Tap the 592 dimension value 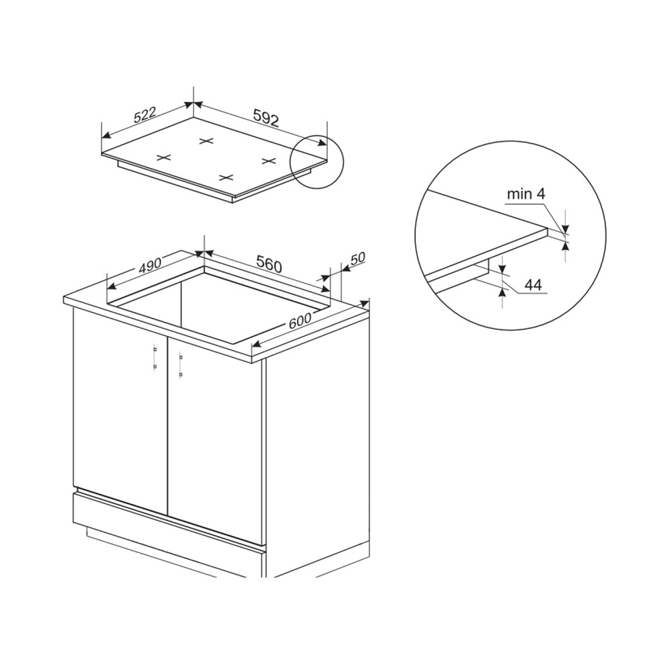click(x=266, y=118)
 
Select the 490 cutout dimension click(x=150, y=266)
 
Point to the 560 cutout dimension click(x=269, y=263)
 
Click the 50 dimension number click(x=358, y=259)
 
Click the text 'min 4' click(x=526, y=194)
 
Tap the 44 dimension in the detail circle click(x=533, y=285)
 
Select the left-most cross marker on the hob click(x=163, y=158)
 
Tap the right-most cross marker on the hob click(x=268, y=161)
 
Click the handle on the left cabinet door click(x=155, y=358)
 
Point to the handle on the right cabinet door click(x=181, y=366)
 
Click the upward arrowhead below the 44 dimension click(x=502, y=292)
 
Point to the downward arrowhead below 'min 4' click(x=565, y=229)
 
